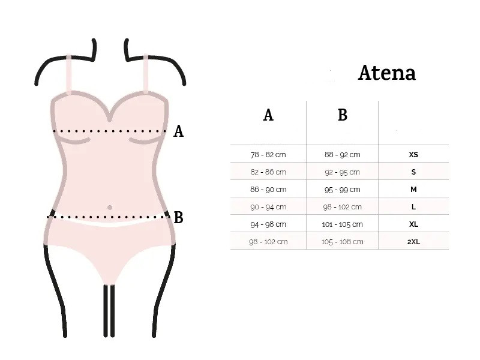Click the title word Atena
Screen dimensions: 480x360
coord(386,73)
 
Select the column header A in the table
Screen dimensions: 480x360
coord(268,115)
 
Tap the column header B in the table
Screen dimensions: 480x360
coord(343,115)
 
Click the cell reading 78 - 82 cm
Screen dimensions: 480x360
coord(268,155)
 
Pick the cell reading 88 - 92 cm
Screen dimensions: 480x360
coord(342,155)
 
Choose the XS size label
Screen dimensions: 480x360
coord(413,155)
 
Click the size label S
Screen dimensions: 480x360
coord(413,172)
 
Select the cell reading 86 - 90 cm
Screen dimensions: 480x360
coord(268,190)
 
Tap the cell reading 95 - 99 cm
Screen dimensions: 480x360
coord(342,190)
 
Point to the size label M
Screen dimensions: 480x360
coord(413,190)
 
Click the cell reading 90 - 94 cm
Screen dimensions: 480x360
coord(268,207)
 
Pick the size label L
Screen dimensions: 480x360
coord(413,207)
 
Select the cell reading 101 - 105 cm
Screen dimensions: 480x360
coord(342,224)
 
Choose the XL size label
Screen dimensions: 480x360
coord(413,224)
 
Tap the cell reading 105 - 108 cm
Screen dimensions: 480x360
coord(342,242)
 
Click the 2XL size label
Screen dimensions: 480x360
coord(413,242)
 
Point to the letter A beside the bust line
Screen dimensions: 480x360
coord(178,131)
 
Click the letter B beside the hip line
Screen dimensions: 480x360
coord(178,218)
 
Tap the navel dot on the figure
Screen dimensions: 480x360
coord(110,208)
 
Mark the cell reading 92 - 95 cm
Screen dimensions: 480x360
coord(342,172)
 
